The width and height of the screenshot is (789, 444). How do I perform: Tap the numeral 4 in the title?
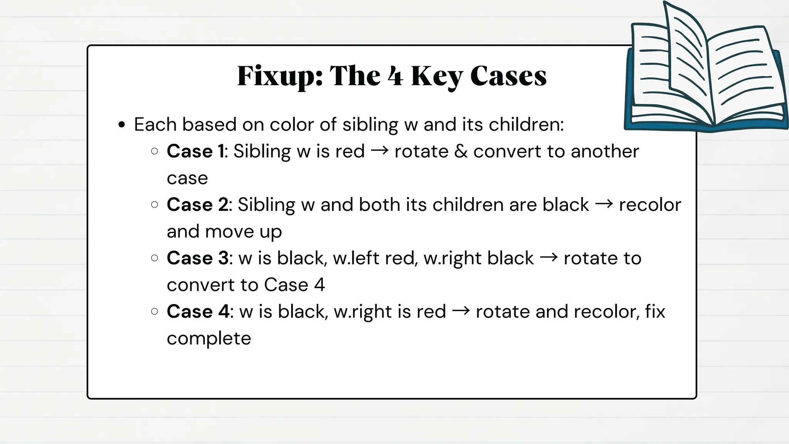(395, 76)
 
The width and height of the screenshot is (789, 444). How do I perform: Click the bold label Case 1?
(196, 151)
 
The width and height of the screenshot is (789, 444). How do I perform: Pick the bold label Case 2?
(198, 205)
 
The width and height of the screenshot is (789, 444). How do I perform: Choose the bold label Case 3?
(198, 258)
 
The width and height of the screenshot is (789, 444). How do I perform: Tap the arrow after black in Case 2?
(604, 204)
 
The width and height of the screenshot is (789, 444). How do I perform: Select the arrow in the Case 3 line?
(549, 258)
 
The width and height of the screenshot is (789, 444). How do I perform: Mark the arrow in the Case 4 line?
(461, 311)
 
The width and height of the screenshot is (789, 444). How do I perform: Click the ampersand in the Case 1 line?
(461, 151)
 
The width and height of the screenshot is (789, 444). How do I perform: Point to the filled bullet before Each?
(122, 125)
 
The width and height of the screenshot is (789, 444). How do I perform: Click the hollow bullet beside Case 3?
(154, 258)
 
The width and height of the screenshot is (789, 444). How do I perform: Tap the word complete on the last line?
(209, 338)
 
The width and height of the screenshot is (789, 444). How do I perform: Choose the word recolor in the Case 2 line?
(650, 205)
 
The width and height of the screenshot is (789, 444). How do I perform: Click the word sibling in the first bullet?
(370, 125)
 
